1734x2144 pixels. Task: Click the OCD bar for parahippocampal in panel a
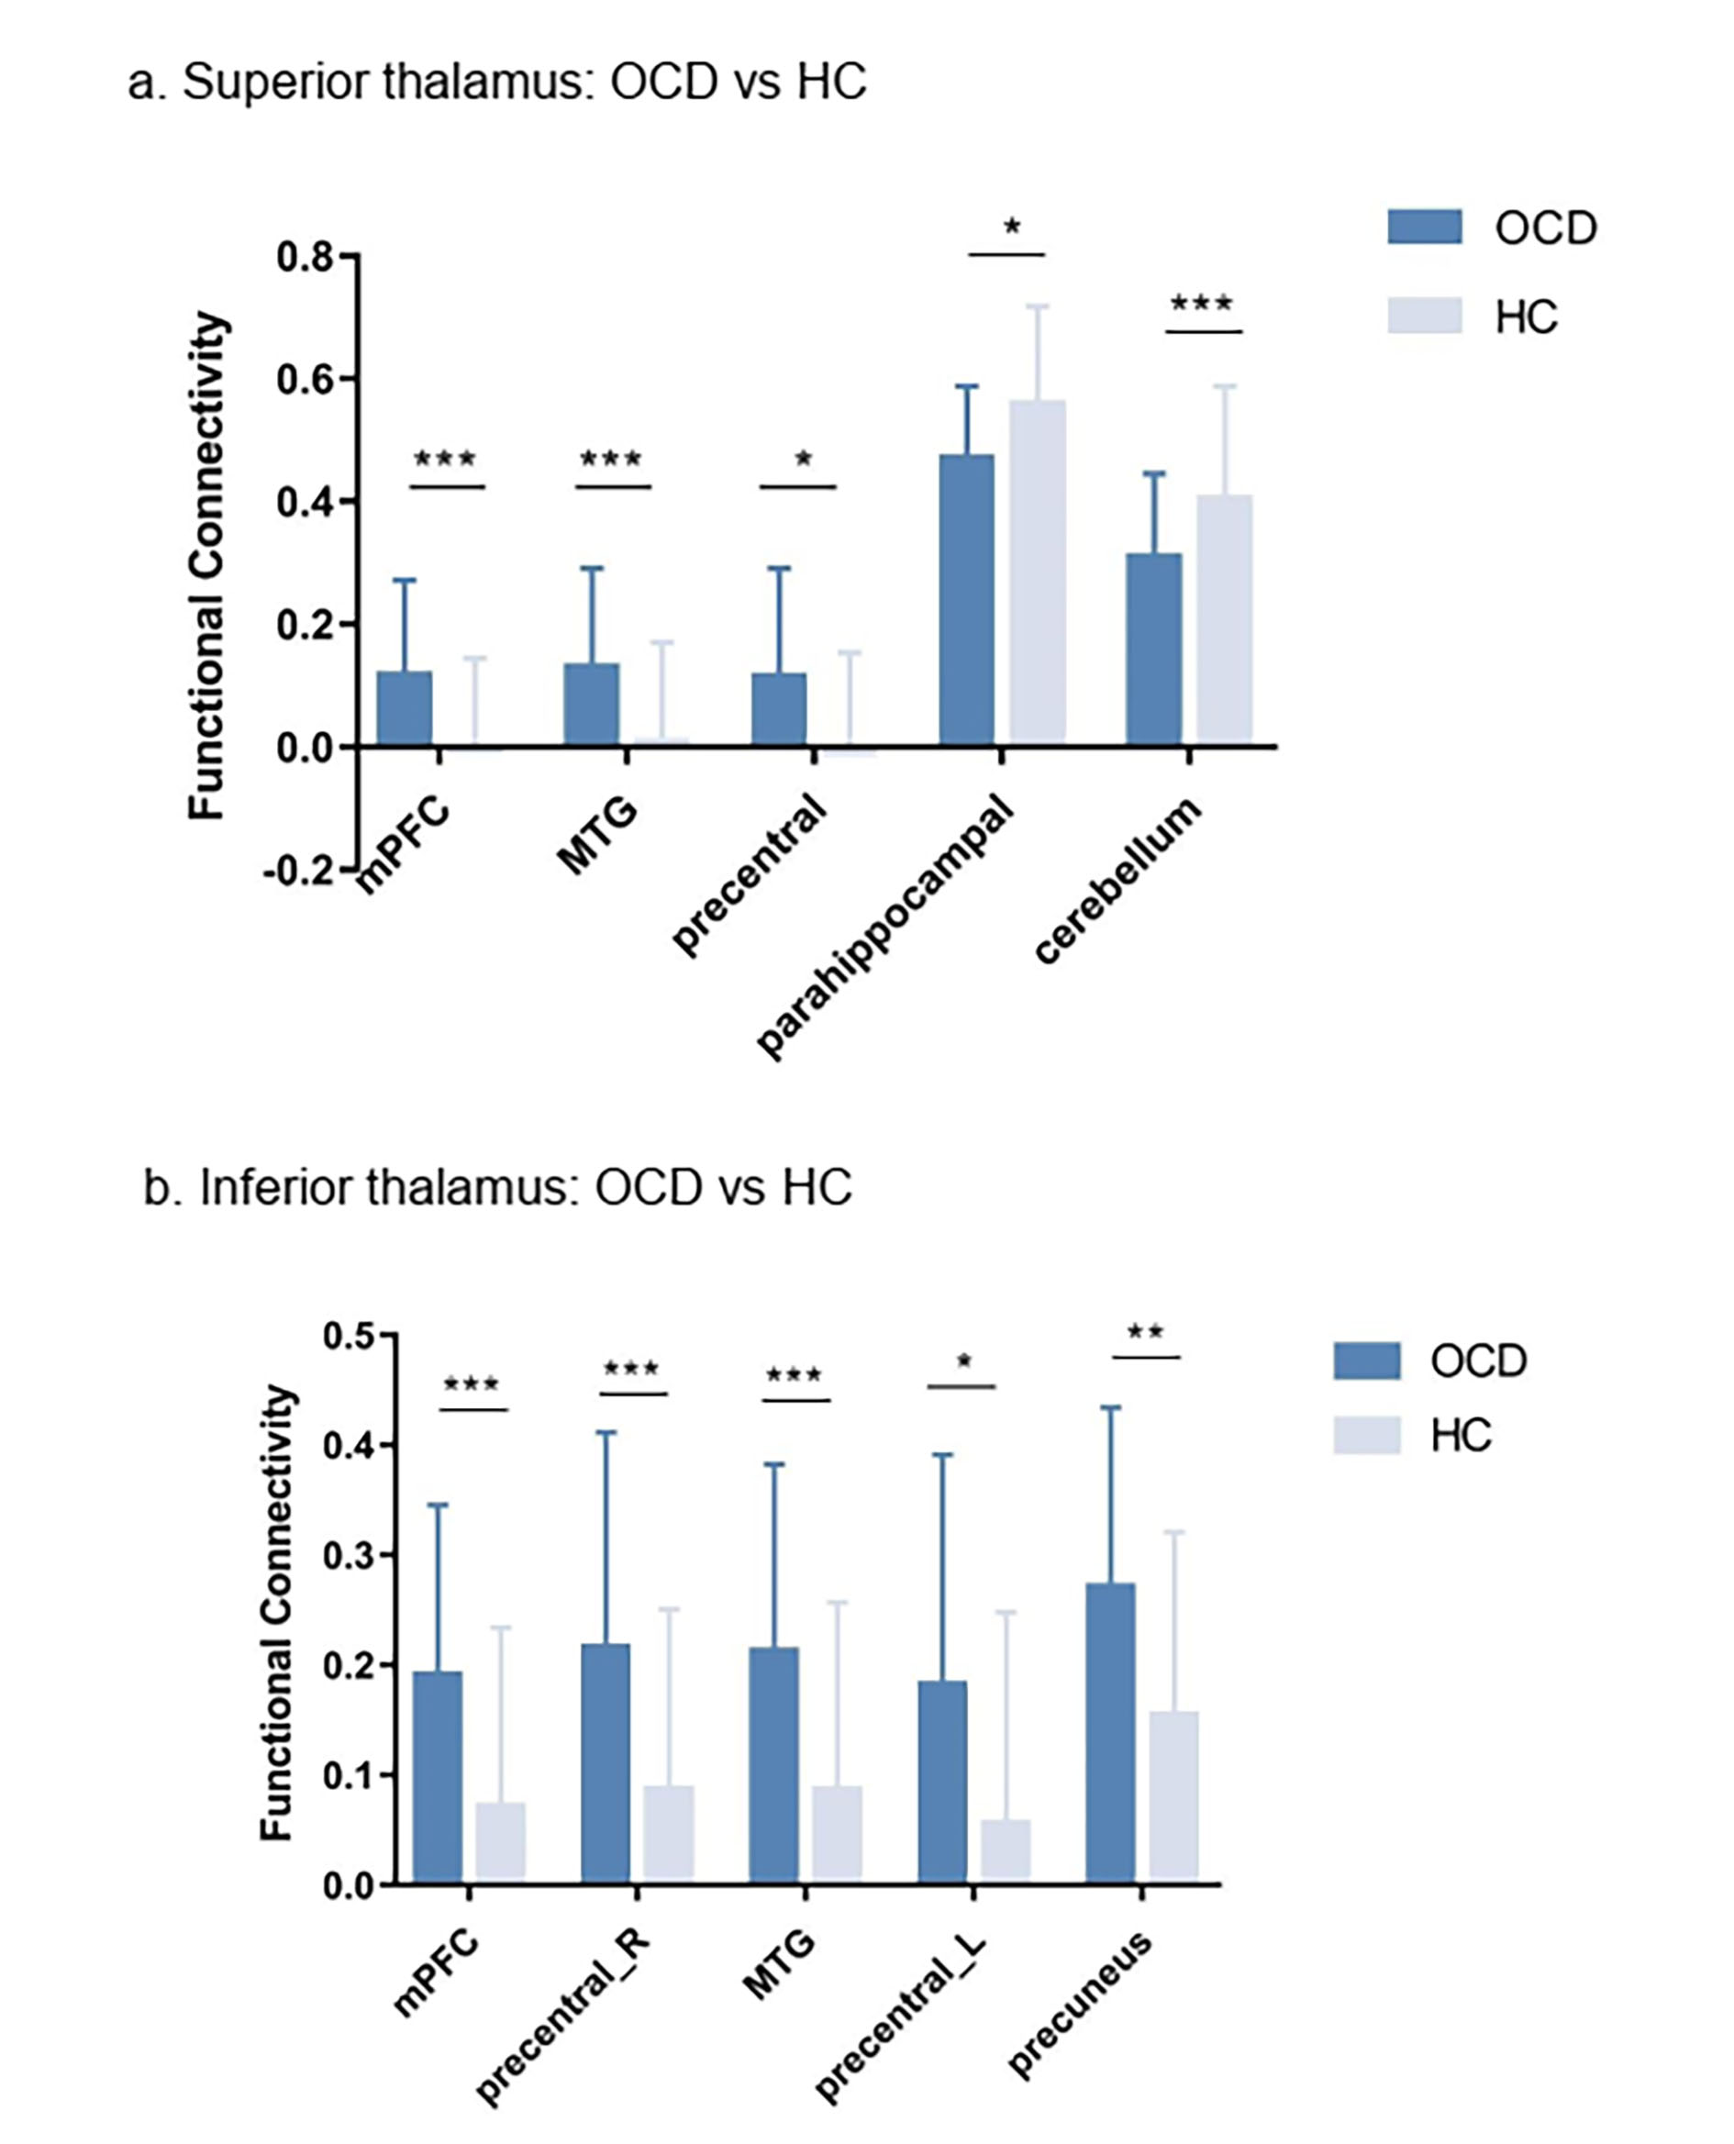966,599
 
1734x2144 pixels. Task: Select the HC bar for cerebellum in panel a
1225,619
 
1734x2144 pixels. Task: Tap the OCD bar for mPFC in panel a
405,709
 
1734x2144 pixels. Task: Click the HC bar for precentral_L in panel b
1006,1852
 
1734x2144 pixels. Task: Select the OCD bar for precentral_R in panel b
606,1763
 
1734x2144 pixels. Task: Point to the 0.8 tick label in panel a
306,258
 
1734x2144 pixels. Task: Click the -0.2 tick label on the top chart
297,871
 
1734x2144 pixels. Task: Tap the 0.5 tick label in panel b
350,1336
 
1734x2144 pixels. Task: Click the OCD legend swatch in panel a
1424,228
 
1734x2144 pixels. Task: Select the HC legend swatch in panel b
1366,1435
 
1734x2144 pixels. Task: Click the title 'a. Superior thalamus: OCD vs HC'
496,82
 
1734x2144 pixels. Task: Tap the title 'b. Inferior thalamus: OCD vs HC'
497,1188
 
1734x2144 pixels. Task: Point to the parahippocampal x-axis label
884,928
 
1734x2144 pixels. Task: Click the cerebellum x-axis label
1117,881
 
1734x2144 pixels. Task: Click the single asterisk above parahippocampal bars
1012,228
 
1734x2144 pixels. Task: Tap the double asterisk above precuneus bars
1146,1332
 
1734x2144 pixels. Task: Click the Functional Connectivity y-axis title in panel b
277,1612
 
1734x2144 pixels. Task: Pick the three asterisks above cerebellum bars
1202,304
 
